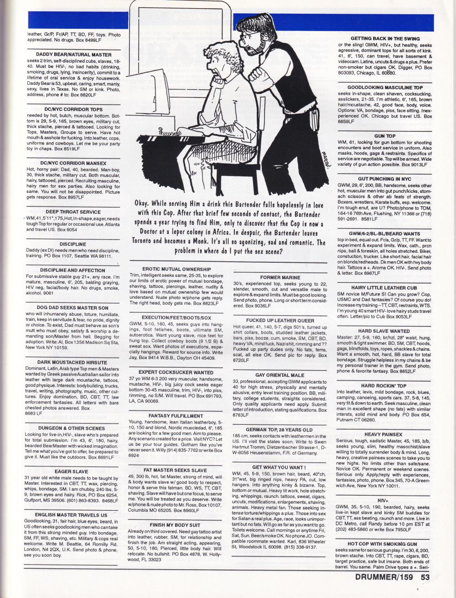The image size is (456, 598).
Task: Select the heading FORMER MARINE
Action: [x=280, y=277]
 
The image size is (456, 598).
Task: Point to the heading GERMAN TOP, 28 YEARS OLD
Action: [x=279, y=430]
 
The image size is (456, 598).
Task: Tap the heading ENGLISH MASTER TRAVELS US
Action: [x=71, y=515]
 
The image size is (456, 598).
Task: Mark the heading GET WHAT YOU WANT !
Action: [x=279, y=467]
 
